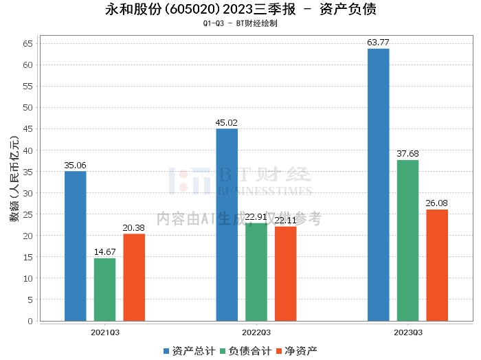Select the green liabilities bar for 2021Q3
tap(104, 289)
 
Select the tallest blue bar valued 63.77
tap(379, 185)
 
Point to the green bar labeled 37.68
tap(407, 240)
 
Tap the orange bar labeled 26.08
tap(437, 265)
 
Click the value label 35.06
tap(75, 166)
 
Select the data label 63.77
tap(379, 43)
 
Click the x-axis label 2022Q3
tap(256, 333)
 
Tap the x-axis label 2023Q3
tap(408, 333)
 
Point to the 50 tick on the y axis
tap(28, 108)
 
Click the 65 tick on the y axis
tap(28, 44)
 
